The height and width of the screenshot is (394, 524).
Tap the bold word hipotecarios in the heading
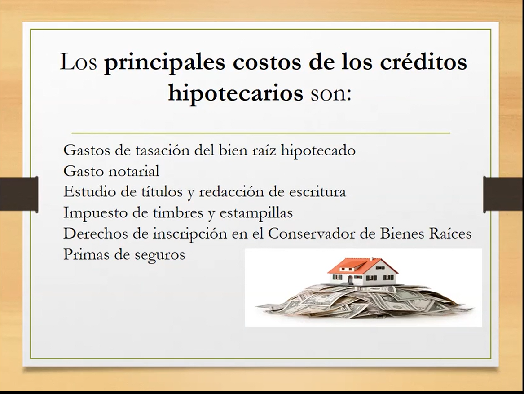[x=236, y=94]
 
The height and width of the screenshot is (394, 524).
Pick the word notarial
[x=134, y=171]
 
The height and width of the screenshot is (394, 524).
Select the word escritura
[x=317, y=192]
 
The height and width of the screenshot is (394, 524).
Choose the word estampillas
[x=256, y=213]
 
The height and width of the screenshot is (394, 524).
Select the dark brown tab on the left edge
[x=19, y=195]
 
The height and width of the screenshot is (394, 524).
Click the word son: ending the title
[x=331, y=95]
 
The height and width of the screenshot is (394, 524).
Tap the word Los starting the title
[x=79, y=62]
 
